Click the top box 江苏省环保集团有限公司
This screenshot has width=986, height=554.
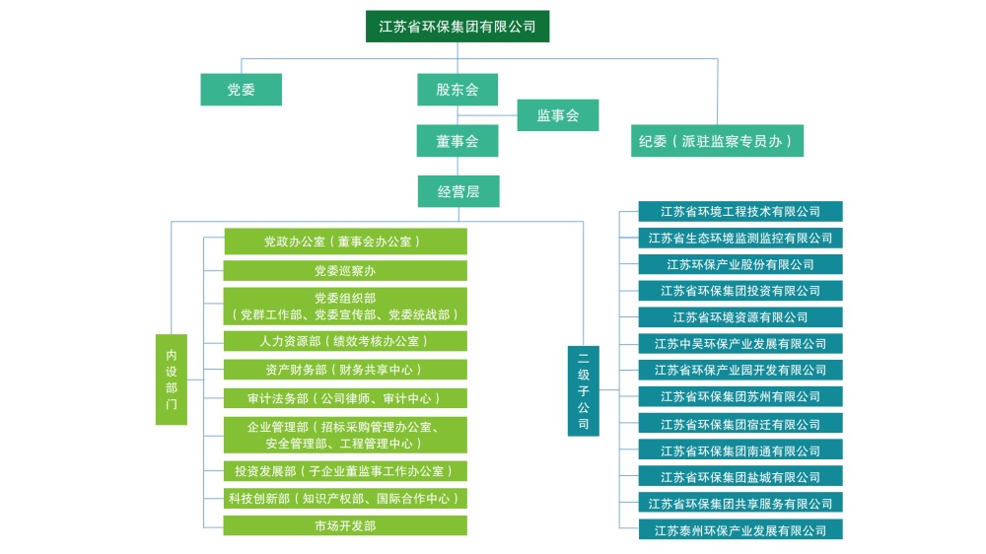pos(458,27)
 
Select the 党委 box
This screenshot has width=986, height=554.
pos(241,90)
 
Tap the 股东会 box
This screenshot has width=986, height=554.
pos(458,90)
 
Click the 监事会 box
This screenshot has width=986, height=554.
pos(557,115)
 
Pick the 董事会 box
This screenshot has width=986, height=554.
pos(458,141)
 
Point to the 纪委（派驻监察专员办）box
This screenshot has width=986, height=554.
pos(717,141)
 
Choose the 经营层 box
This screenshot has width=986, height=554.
pos(458,191)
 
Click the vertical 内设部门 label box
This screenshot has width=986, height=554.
pos(172,380)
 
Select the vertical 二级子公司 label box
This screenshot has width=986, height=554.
pos(584,390)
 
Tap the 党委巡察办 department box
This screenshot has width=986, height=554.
pos(345,271)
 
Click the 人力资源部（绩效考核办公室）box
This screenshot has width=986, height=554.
pos(345,341)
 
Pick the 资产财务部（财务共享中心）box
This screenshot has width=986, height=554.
pos(345,370)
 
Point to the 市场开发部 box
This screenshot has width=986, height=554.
pos(345,526)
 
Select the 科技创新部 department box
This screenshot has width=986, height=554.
pos(345,499)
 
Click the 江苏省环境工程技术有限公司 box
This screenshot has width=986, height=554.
pos(740,212)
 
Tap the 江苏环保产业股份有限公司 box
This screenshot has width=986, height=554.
pos(740,264)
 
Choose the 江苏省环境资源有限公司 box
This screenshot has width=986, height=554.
pos(740,317)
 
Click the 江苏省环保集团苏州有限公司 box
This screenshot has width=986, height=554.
pos(740,397)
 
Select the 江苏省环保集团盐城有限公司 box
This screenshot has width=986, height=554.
pos(740,477)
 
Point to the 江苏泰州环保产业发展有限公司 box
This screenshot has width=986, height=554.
pos(740,530)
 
